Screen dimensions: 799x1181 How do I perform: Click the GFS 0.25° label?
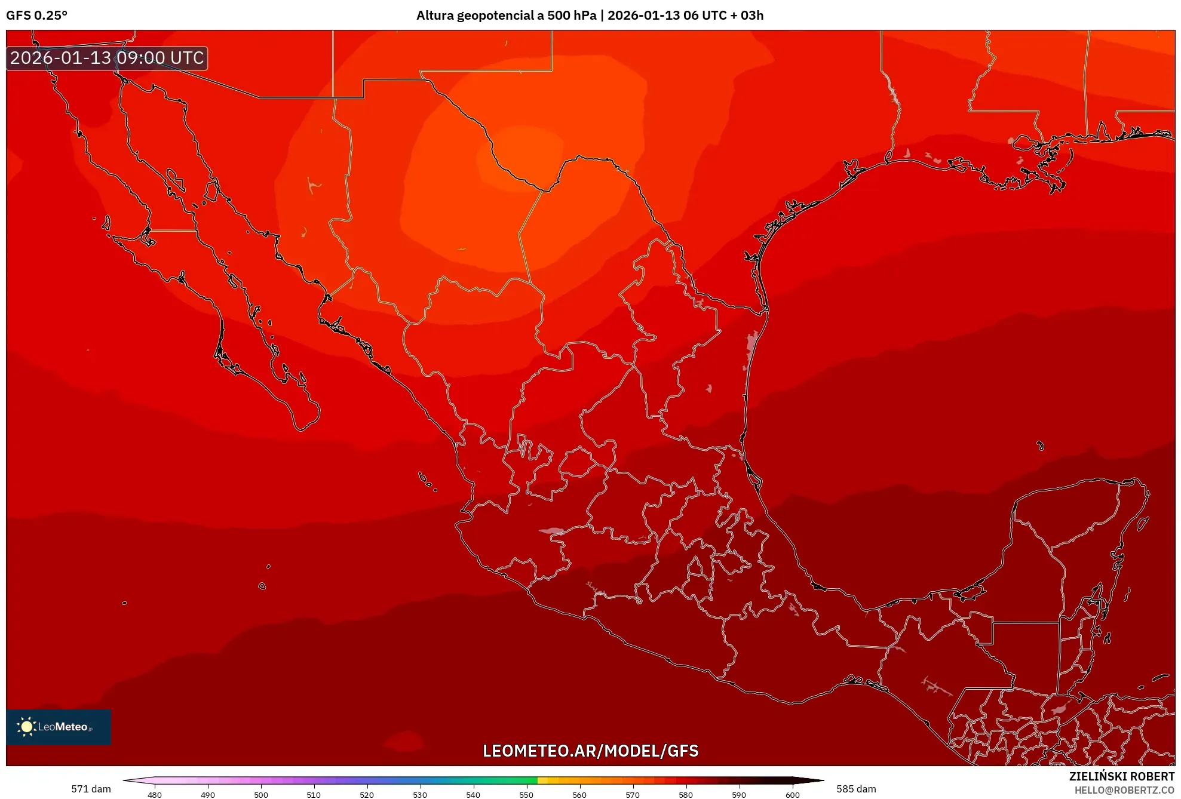36,16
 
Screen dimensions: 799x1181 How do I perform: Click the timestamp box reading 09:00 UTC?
107,58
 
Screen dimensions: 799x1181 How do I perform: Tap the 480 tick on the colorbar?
155,794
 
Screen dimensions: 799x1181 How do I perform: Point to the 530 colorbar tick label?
420,794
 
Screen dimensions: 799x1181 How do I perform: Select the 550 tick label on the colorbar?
526,794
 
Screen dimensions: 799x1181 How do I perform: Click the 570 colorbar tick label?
633,794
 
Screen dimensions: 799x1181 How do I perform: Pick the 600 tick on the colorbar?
792,794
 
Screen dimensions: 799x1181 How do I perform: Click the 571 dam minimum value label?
91,789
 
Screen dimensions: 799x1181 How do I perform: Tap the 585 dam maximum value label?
856,789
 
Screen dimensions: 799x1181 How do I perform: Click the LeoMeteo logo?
59,727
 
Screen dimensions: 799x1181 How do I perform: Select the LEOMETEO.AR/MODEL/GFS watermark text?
590,751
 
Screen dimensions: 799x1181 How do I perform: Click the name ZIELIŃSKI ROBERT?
1121,776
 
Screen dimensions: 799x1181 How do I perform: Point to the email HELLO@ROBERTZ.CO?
1124,790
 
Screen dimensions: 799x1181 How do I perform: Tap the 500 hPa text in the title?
572,16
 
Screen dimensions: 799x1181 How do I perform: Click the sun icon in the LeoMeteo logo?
26,726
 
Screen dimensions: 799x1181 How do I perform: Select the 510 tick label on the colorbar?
314,794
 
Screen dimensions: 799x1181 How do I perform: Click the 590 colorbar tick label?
739,794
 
